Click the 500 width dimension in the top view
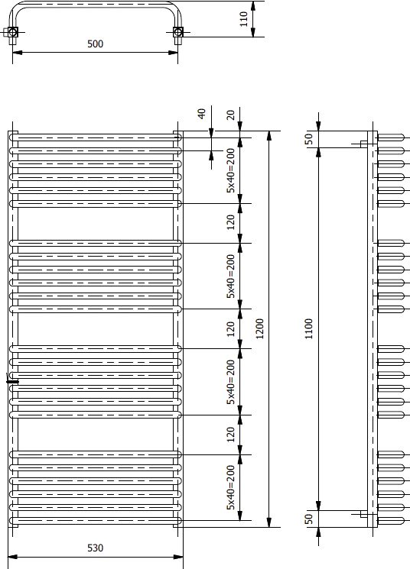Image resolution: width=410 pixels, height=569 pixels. click(x=95, y=44)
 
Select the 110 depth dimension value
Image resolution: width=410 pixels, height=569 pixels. click(x=243, y=19)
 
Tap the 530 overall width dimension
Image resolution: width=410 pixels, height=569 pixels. click(x=95, y=548)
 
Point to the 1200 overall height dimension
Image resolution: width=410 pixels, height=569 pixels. click(x=259, y=328)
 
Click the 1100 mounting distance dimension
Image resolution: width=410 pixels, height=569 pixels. click(x=308, y=328)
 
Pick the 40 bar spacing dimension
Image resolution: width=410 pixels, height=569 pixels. click(x=202, y=114)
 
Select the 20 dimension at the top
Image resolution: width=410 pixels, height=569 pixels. click(x=231, y=115)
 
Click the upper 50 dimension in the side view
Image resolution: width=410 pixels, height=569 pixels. click(x=308, y=139)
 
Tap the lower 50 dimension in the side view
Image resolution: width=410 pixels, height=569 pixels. click(x=308, y=519)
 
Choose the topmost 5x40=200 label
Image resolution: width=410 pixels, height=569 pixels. click(x=231, y=170)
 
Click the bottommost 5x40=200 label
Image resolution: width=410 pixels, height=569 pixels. click(x=231, y=488)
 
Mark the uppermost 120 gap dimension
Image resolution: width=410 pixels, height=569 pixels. click(x=231, y=222)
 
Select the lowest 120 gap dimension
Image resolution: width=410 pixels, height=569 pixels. click(x=231, y=435)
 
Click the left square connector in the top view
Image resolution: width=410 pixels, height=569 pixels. click(x=13, y=32)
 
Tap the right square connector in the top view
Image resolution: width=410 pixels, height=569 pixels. click(x=177, y=32)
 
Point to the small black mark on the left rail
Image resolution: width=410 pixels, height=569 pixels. click(x=12, y=382)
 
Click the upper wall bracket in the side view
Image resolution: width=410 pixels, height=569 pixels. click(x=363, y=144)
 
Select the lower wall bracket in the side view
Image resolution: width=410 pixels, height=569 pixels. click(x=363, y=514)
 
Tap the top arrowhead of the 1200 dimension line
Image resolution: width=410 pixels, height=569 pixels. click(x=269, y=135)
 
